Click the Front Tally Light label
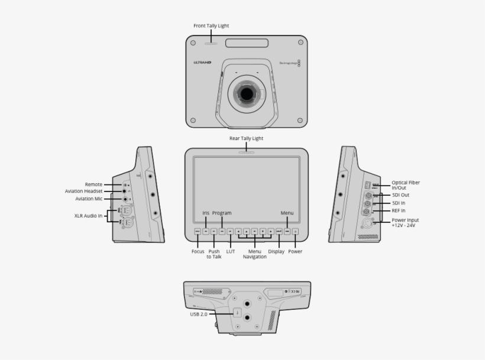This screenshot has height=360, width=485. click(x=211, y=26)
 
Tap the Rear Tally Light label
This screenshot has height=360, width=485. click(x=246, y=138)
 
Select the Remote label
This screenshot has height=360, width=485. click(x=93, y=184)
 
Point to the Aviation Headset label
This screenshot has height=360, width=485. click(x=84, y=192)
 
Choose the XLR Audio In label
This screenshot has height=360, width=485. click(x=87, y=216)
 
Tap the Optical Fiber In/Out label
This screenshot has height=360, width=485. click(x=406, y=185)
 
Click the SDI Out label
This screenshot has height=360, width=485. click(x=401, y=195)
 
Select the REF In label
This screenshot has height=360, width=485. click(x=399, y=210)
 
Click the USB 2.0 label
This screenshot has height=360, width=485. click(x=199, y=314)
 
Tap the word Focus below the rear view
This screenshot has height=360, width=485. click(x=198, y=251)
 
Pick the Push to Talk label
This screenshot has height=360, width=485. click(x=214, y=254)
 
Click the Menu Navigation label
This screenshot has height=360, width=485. click(x=254, y=254)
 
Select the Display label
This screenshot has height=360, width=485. click(x=276, y=251)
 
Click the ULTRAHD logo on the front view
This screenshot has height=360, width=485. click(x=202, y=62)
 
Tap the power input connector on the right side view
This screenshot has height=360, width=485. click(x=366, y=224)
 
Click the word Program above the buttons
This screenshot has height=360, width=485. click(x=222, y=213)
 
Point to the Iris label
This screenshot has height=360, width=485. click(x=206, y=213)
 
